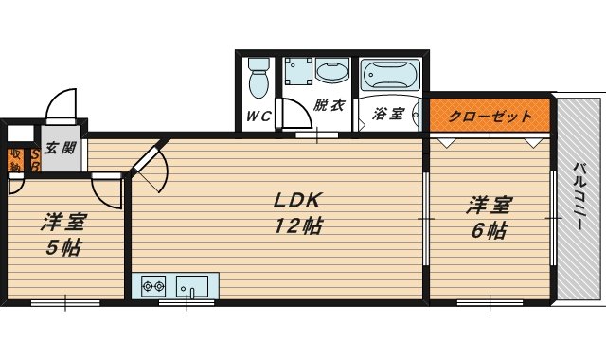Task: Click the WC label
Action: click(258, 117)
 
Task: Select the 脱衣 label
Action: click(330, 105)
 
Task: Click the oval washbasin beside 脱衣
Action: click(331, 72)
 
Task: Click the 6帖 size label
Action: click(489, 230)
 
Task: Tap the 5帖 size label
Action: click(63, 249)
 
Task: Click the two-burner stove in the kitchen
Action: click(154, 283)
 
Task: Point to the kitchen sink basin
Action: click(194, 283)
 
